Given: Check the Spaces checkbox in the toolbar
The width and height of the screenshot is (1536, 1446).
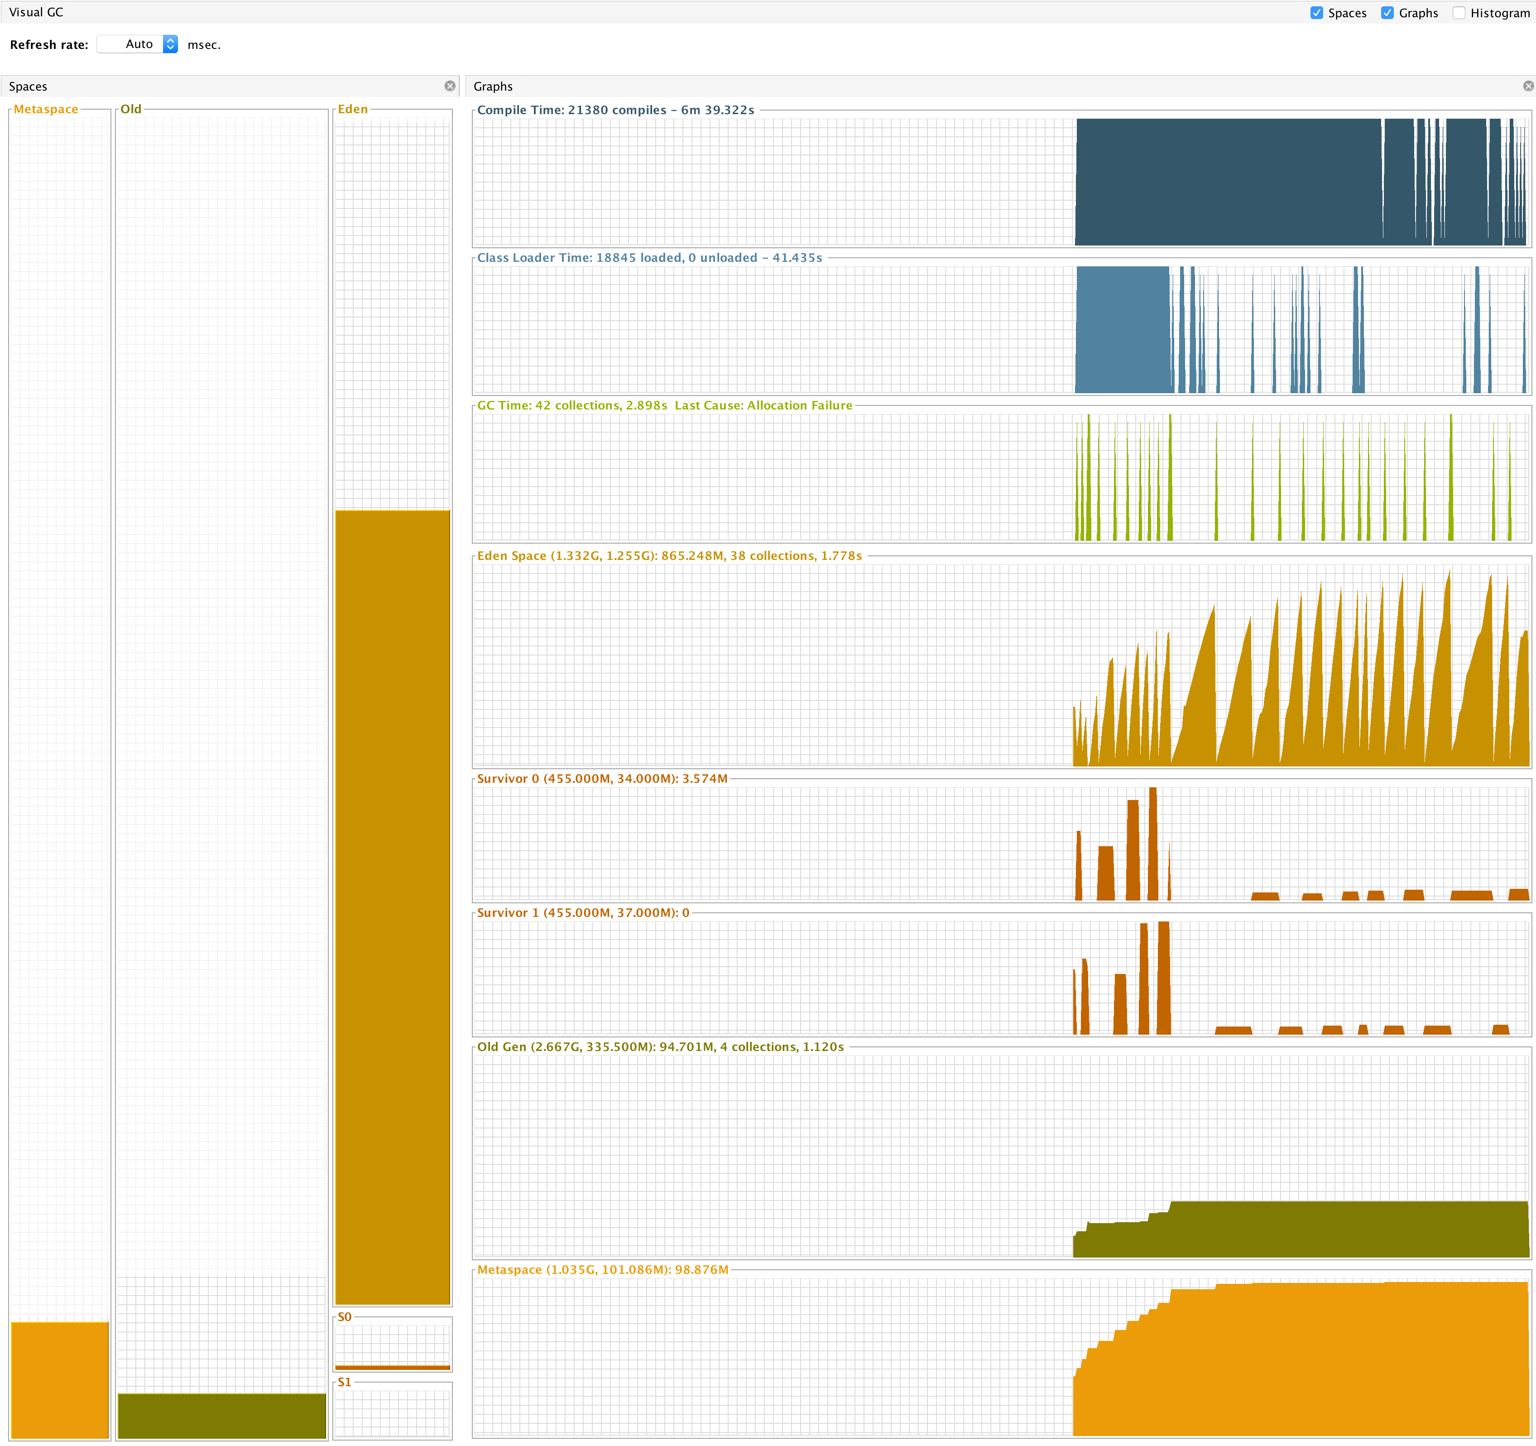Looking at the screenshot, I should pos(1316,13).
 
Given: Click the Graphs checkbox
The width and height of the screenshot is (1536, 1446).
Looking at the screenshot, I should pos(1387,13).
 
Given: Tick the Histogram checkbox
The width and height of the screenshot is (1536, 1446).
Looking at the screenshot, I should pos(1459,13).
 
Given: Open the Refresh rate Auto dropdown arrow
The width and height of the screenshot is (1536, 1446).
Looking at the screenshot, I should pos(171,44).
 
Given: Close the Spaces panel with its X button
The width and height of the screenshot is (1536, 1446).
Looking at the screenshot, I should pos(450,86).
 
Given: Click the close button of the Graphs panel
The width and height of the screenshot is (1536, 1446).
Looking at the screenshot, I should pos(1527,86).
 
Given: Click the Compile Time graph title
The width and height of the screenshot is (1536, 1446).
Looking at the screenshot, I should pos(615,110).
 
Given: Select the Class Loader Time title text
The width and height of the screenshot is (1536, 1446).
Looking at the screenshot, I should pos(649,257).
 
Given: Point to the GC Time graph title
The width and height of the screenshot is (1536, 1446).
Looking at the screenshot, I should pos(664,405).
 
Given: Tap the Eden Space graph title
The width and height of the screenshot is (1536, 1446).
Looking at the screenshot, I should pos(669,556).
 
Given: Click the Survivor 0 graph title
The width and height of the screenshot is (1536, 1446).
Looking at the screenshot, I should pos(602,778).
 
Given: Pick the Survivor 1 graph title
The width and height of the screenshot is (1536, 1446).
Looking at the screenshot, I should pos(583,913).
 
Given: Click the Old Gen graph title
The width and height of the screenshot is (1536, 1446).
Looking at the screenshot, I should pos(660,1046).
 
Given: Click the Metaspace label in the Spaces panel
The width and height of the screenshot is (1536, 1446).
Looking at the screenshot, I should pos(46,109).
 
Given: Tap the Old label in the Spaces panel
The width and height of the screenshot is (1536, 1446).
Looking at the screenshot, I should pos(130,109).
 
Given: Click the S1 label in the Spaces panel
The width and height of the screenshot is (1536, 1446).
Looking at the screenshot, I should pos(345,1382).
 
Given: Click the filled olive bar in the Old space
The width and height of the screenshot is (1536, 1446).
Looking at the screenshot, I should pos(222,1415).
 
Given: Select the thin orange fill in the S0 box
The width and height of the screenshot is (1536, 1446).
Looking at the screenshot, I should pos(393,1367).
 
